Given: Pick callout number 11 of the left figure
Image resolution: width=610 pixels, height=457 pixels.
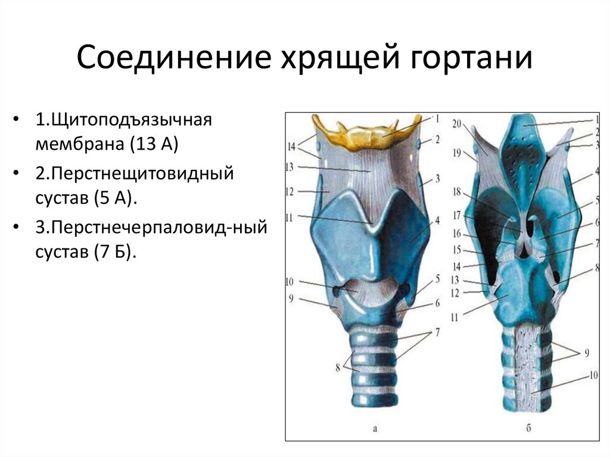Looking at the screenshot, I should tap(291, 217).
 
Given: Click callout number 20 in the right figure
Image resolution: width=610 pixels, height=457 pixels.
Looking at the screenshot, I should tap(456, 124).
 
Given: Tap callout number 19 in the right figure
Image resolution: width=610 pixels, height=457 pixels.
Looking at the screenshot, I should tap(456, 153).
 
